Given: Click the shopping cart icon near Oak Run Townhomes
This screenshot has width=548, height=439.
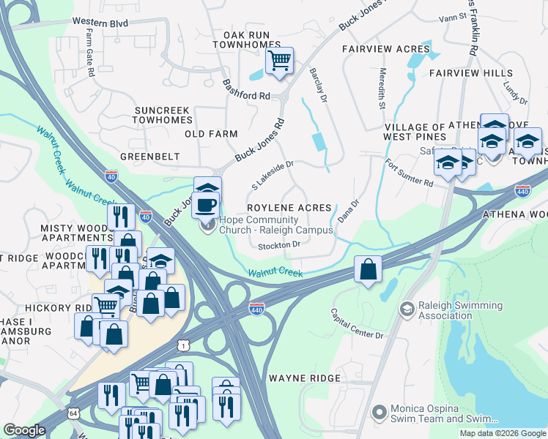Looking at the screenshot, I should tap(279, 61).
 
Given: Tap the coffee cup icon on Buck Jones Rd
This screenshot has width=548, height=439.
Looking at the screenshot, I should tap(207, 203).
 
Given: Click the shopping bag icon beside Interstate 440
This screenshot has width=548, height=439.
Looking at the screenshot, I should tap(368, 269).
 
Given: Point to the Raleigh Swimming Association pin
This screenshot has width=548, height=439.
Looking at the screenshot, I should tap(405, 310).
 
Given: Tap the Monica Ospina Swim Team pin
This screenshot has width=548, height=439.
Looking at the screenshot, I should tap(379, 413).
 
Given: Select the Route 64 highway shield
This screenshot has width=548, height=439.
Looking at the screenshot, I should tap(74, 413).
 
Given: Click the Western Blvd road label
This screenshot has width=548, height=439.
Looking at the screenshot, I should tap(105, 23).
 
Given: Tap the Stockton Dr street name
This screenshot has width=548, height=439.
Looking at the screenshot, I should tap(280, 245).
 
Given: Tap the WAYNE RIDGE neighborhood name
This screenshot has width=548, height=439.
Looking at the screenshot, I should tap(305, 378).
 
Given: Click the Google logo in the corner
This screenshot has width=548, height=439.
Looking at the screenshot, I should tap(24, 431).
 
